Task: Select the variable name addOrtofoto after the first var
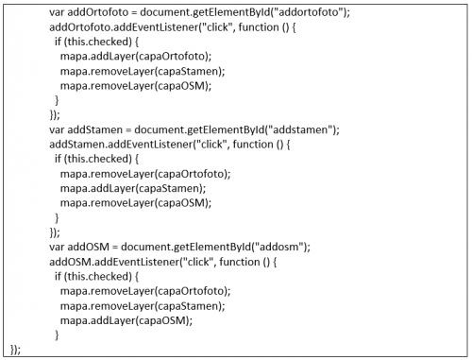pos(93,14)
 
